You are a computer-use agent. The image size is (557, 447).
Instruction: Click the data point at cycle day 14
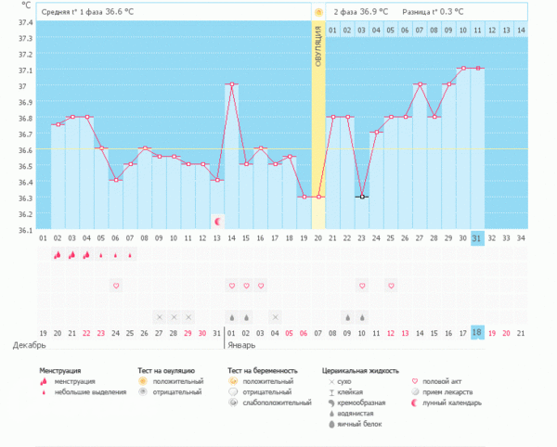[231, 84]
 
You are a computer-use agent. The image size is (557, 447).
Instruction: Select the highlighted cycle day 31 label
[477, 237]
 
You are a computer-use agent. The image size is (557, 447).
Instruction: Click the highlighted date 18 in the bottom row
[477, 332]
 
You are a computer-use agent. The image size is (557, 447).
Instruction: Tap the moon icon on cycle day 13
[217, 221]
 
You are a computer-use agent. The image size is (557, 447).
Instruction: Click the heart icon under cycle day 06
[116, 286]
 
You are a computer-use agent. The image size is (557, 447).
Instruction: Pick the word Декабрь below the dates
[29, 345]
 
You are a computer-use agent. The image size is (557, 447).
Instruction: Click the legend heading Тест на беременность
[266, 370]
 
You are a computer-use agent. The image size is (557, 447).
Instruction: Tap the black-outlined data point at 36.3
[361, 197]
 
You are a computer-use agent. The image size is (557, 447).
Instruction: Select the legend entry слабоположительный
[276, 403]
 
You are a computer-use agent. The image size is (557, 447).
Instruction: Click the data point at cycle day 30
[462, 68]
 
